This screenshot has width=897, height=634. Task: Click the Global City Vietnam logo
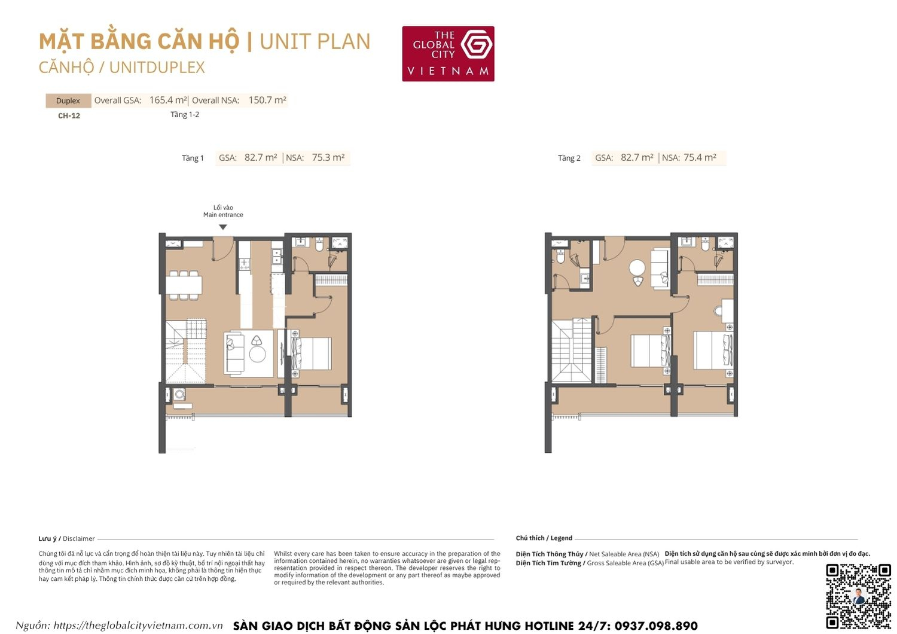pos(448,53)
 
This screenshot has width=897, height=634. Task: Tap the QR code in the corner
pos(858,596)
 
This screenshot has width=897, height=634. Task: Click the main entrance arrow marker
pos(223,227)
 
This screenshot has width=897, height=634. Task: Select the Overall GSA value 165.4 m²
pos(168,100)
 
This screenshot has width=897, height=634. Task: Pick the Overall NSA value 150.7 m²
pos(267,100)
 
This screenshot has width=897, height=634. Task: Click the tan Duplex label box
pos(68,100)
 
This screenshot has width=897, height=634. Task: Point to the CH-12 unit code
pos(69,116)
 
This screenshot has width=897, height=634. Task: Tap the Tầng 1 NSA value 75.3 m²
pos(328,158)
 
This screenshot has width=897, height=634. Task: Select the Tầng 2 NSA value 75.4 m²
pos(700,158)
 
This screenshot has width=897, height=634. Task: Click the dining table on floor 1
pos(184,285)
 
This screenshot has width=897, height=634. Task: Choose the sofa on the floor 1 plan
pos(234,353)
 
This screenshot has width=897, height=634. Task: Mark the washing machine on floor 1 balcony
pos(179,394)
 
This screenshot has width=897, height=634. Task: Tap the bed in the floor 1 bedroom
pos(312,353)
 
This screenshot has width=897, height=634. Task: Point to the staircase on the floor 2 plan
pos(572,352)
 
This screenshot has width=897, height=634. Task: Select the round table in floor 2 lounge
pos(637,267)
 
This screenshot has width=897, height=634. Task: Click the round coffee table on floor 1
pos(258,355)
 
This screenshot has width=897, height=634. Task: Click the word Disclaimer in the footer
pos(79,539)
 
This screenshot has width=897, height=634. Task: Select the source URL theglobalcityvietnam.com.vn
pos(138,626)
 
